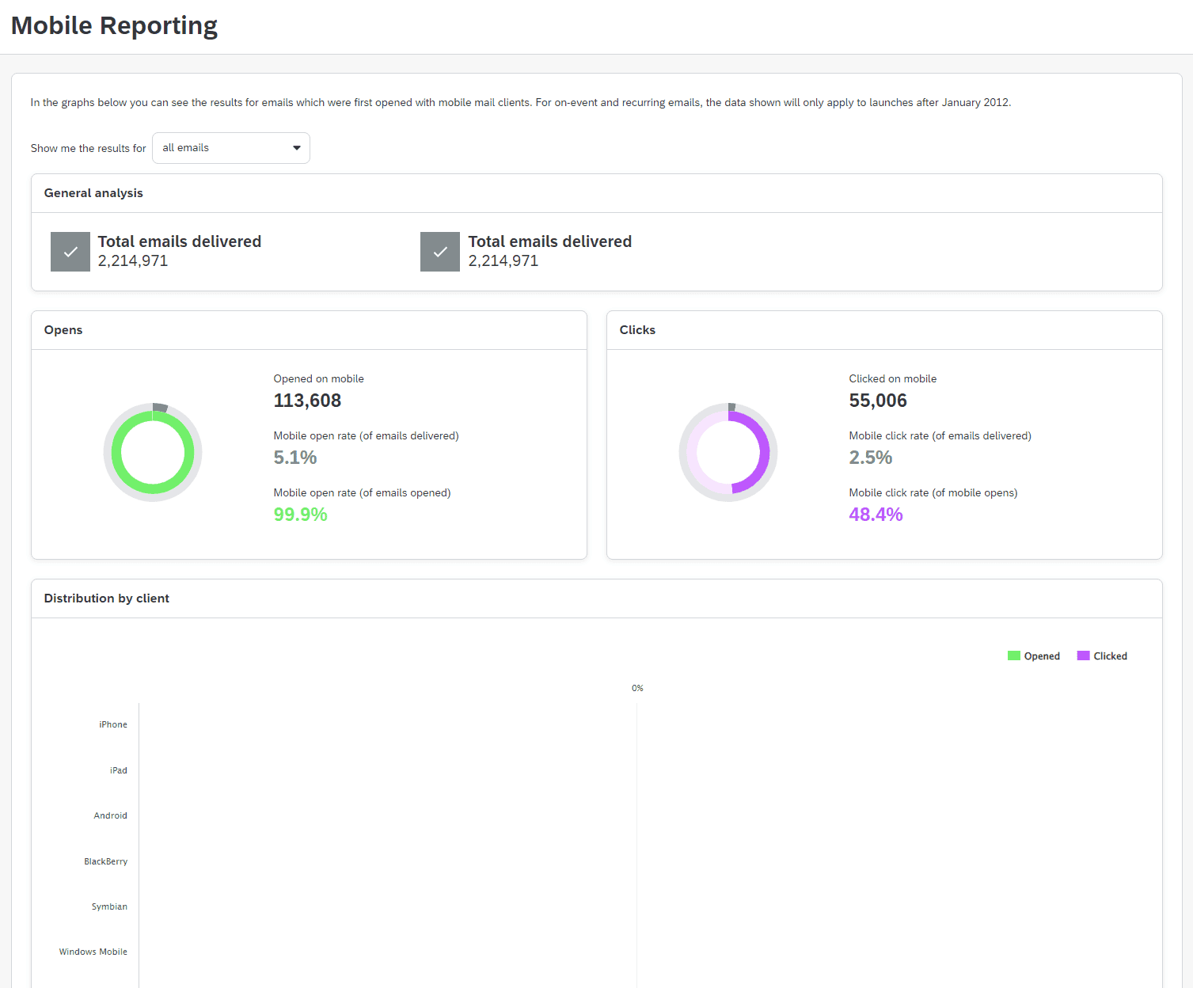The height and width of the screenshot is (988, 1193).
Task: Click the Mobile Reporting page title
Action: [114, 25]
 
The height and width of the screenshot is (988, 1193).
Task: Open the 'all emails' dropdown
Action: [230, 148]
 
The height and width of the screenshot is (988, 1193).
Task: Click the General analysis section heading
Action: [93, 193]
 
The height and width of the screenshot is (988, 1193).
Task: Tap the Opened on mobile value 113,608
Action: [307, 401]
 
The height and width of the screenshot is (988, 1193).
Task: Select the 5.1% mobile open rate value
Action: [294, 458]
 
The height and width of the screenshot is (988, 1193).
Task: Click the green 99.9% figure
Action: [300, 515]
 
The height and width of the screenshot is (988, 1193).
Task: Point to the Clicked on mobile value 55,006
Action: [877, 401]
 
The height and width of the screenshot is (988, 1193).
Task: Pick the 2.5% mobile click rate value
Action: [870, 458]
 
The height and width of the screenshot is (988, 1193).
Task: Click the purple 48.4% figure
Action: [876, 515]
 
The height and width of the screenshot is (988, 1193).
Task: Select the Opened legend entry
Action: [1034, 656]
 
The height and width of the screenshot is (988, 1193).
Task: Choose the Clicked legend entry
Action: [1102, 656]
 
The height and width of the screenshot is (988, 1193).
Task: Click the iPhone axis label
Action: [112, 724]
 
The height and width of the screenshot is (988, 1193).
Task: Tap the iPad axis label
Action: [118, 770]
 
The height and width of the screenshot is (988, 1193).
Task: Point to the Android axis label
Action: [110, 815]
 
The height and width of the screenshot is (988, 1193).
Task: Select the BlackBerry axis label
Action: [105, 861]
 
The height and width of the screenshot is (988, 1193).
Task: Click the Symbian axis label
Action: [109, 906]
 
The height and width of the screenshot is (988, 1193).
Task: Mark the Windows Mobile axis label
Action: [93, 952]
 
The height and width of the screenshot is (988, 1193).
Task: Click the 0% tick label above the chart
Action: [637, 688]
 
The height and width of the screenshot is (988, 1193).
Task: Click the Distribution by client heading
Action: [106, 598]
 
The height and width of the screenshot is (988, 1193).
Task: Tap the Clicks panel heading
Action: [637, 330]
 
